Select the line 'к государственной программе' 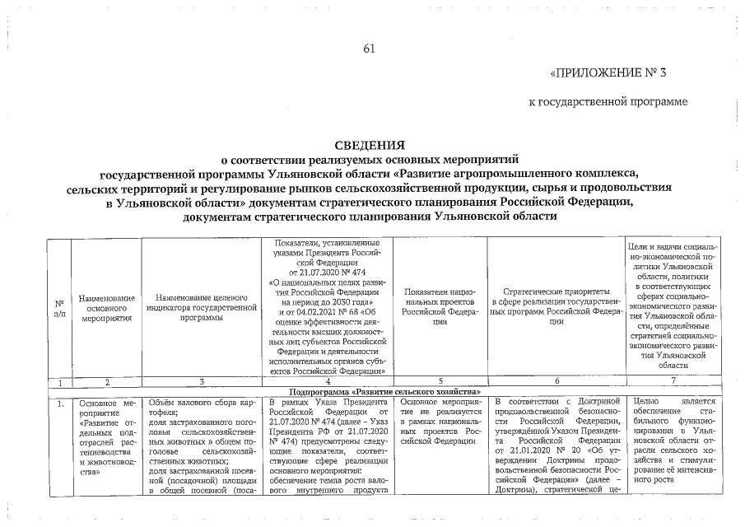click(608, 101)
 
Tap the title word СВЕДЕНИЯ click(373, 146)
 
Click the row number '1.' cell click(61, 403)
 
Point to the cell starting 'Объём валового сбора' click(202, 445)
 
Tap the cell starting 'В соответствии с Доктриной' click(556, 445)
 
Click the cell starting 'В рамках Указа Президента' click(328, 445)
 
